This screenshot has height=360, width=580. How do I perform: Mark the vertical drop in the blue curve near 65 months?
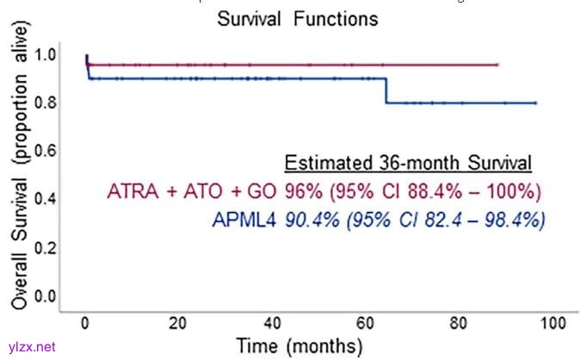[x=386, y=90]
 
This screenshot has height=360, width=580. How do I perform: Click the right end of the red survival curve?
[x=497, y=65]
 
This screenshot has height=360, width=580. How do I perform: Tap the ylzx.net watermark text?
[x=30, y=346]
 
